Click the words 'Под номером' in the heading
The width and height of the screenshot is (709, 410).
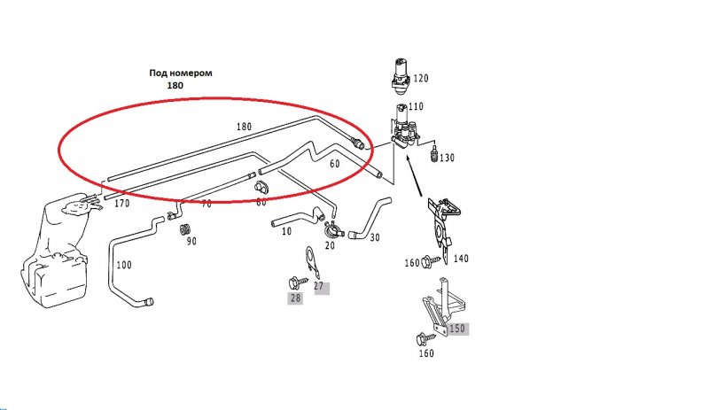point(181,73)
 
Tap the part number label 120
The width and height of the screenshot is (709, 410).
point(420,79)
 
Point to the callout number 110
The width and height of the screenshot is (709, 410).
point(416,107)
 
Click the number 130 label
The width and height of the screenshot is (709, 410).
point(446,159)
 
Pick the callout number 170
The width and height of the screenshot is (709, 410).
point(121,204)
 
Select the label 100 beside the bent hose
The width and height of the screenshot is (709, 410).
point(123,265)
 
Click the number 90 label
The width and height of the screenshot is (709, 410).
point(191,241)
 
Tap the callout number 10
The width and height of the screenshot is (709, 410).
point(286,232)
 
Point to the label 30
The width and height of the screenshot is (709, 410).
point(375,238)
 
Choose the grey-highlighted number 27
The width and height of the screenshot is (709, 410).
point(320,287)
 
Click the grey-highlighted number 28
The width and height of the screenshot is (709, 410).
point(295,298)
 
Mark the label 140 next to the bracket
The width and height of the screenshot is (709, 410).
point(461,259)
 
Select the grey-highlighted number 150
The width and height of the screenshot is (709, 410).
point(456,329)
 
